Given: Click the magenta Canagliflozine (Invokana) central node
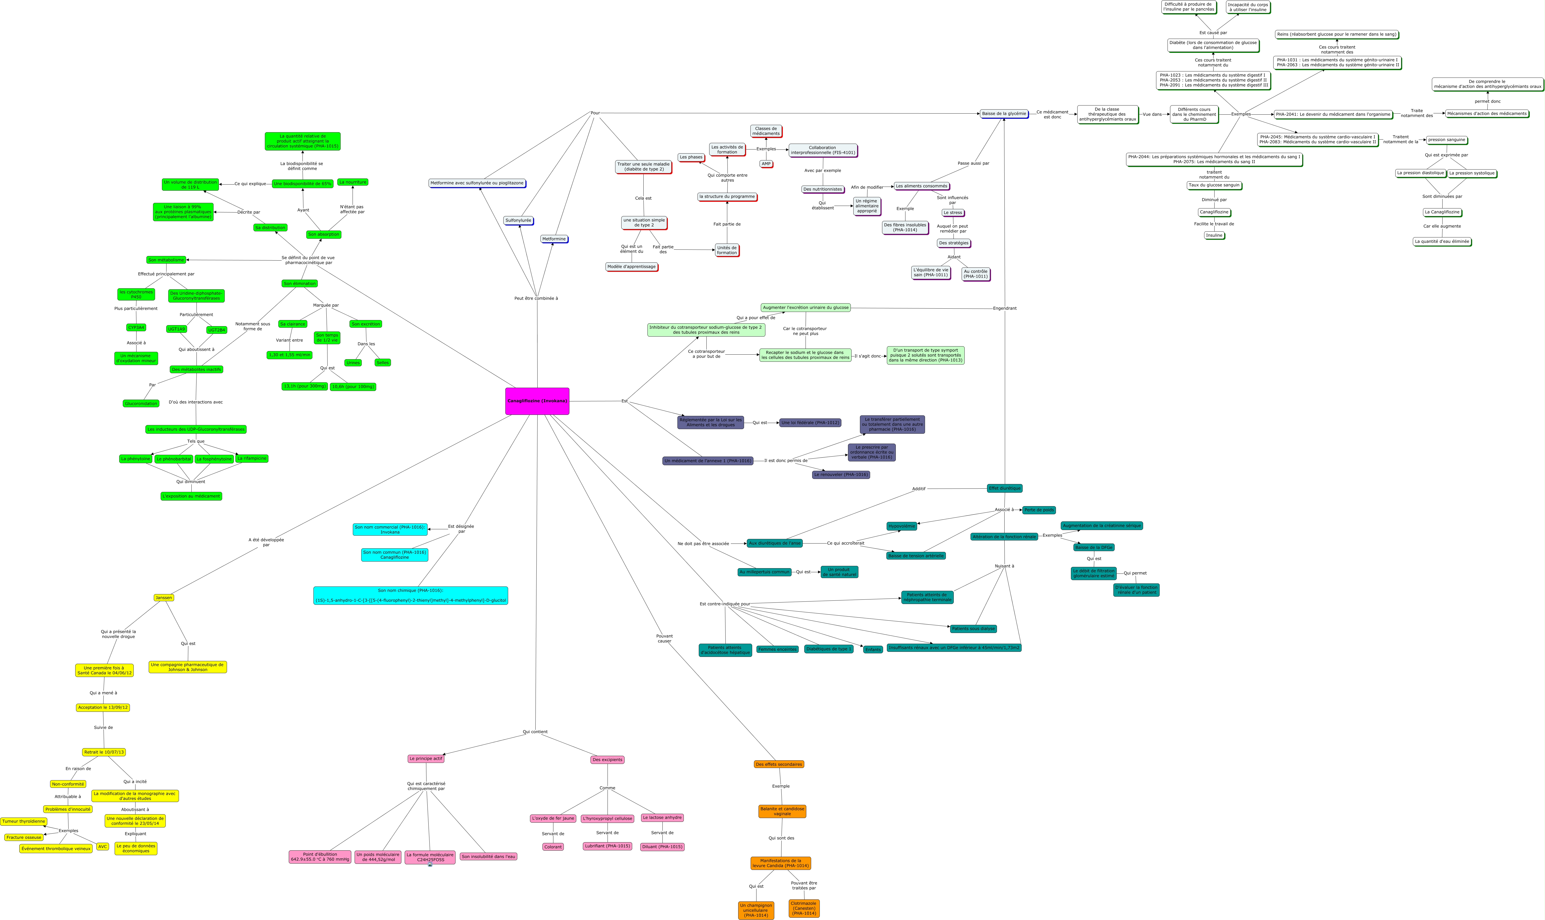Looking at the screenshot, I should pyautogui.click(x=537, y=401).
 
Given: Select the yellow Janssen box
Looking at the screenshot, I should pyautogui.click(x=164, y=598).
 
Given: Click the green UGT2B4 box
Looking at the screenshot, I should pyautogui.click(x=216, y=330).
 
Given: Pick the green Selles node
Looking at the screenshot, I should pyautogui.click(x=382, y=363).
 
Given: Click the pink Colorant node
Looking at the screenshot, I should pyautogui.click(x=553, y=847).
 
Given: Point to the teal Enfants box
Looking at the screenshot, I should pyautogui.click(x=873, y=650).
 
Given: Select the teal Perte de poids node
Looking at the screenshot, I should pyautogui.click(x=1039, y=510).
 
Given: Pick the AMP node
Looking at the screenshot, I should pyautogui.click(x=766, y=164).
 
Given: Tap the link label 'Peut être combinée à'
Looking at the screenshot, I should pyautogui.click(x=536, y=298).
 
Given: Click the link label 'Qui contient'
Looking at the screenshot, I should pyautogui.click(x=535, y=732).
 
